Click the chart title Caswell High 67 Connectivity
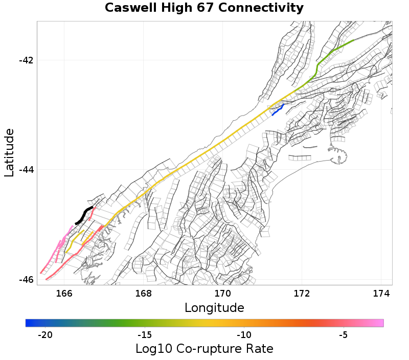[204, 8]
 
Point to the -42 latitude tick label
[26, 60]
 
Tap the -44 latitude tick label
[26, 170]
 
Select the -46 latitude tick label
[26, 280]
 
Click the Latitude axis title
[10, 153]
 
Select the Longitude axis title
[214, 308]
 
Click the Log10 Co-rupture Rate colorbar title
[204, 349]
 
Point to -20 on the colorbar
[45, 335]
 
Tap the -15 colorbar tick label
[145, 335]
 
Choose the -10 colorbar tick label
[244, 335]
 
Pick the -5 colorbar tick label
[344, 335]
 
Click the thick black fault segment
[84, 215]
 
